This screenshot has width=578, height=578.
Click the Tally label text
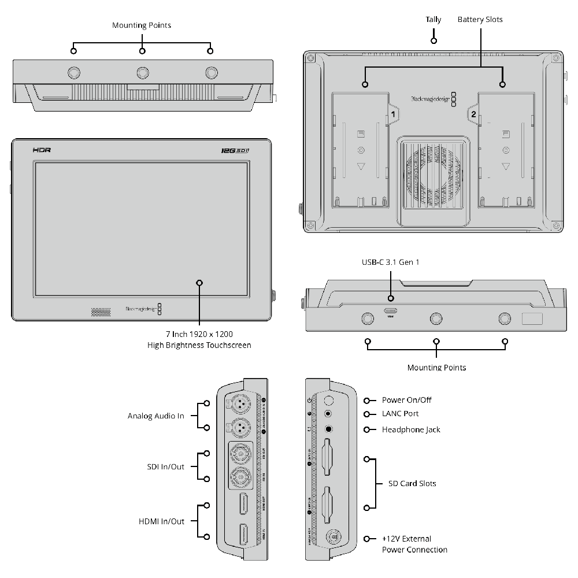coord(433,20)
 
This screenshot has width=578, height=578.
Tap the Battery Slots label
coord(480,20)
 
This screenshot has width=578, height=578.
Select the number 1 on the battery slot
coord(393,114)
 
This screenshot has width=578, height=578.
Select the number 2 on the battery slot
coord(473,114)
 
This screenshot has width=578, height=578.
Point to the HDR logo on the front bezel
coord(42,149)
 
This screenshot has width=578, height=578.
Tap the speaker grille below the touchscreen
coord(100,312)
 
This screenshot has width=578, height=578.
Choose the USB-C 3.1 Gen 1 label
coord(390,262)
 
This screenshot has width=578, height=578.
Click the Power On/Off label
coord(406,400)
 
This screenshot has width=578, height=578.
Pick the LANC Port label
coord(400,414)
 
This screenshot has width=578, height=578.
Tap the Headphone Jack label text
coord(411,429)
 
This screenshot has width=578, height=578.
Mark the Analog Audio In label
coord(156,416)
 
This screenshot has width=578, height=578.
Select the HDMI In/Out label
coord(161,521)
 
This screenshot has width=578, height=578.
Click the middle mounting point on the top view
coord(142,72)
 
